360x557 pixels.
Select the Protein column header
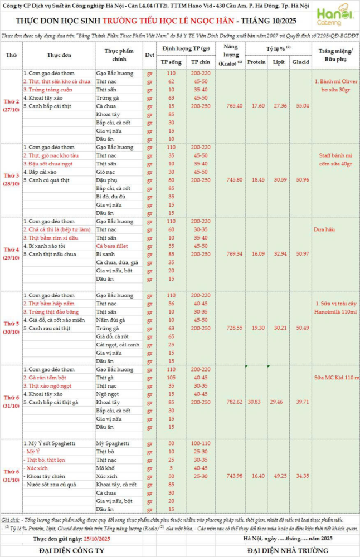tap(256, 62)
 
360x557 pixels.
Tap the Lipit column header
tap(278, 62)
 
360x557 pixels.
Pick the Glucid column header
tap(301, 62)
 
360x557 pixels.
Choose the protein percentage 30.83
tap(256, 402)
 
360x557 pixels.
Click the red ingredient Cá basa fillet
tap(114, 245)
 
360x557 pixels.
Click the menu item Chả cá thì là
tap(56, 229)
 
